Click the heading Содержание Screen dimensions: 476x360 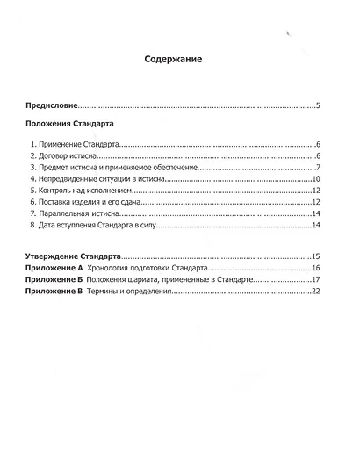tap(174, 60)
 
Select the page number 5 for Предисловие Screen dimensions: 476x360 tap(317, 105)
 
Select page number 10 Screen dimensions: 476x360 tap(315, 178)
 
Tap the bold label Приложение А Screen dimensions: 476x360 tap(54, 267)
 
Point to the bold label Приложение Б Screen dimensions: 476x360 tap(54, 278)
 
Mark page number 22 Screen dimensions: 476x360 tap(315, 291)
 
